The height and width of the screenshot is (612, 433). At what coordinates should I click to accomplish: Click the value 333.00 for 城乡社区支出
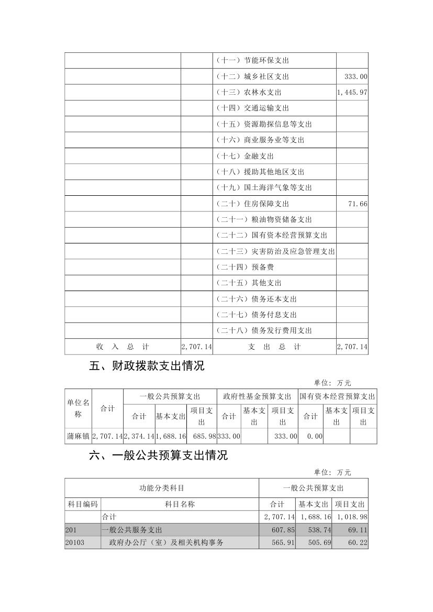click(356, 76)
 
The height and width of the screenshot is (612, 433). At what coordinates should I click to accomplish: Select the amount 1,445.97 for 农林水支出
click(352, 93)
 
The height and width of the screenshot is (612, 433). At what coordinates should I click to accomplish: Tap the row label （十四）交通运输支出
click(252, 108)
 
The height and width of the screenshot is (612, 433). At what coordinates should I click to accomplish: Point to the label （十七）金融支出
click(245, 156)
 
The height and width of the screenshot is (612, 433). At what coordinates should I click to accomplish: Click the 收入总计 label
click(123, 347)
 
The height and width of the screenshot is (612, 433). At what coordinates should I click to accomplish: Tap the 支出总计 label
click(274, 347)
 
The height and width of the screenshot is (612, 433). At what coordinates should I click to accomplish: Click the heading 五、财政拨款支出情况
click(147, 366)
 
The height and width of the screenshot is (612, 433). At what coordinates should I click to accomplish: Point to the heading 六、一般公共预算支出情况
click(159, 455)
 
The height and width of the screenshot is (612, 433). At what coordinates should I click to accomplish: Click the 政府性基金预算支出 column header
click(257, 396)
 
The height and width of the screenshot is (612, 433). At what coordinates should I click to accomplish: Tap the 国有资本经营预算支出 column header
click(337, 396)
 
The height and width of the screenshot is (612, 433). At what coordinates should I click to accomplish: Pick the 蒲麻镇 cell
click(78, 436)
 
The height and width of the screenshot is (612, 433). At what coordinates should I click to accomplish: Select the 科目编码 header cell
click(83, 504)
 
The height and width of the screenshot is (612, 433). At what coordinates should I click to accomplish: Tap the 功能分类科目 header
click(162, 488)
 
